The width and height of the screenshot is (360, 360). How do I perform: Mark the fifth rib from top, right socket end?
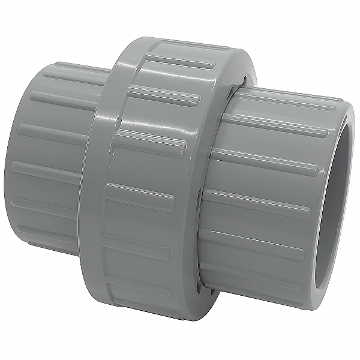pyautogui.click(x=258, y=240)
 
